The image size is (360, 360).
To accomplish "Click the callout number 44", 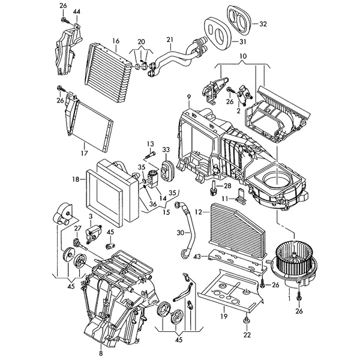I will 76,12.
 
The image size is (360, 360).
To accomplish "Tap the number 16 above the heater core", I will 115,41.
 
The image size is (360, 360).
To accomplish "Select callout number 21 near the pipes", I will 169,41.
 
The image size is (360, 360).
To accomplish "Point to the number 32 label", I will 263,24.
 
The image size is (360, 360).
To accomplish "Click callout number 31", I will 242,42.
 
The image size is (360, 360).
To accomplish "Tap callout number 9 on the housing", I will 188,97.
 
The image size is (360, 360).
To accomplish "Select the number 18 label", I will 76,179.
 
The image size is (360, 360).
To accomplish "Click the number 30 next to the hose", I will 179,232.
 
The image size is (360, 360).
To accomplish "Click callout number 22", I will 246,335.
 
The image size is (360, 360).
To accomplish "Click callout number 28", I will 227,187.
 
